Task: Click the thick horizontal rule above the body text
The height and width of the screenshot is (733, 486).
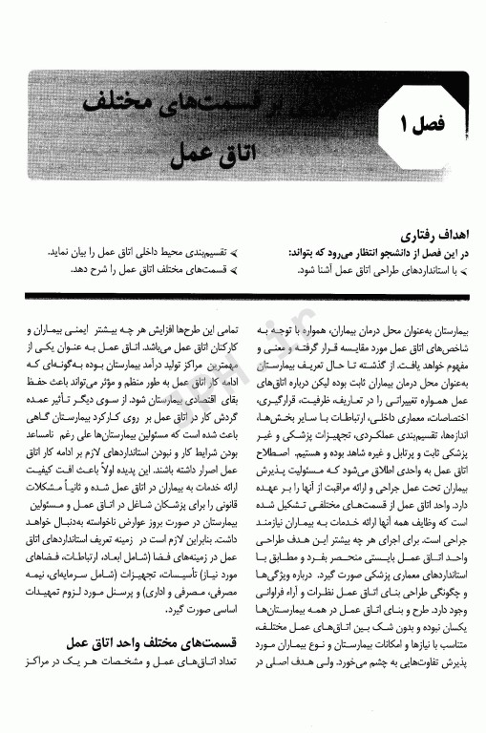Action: tap(243, 295)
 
